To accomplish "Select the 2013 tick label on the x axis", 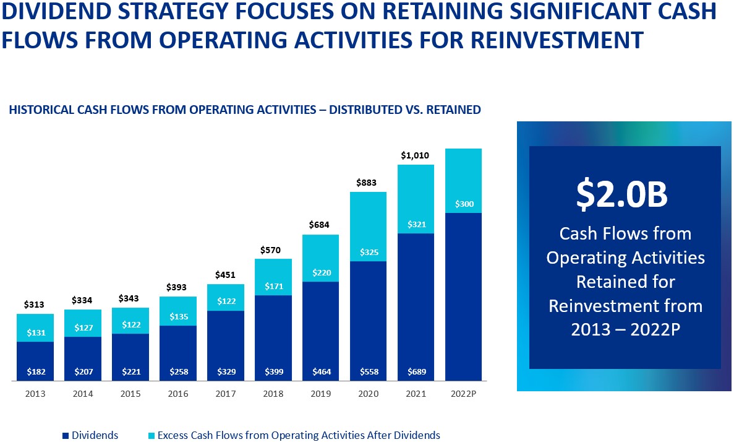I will tap(35, 394).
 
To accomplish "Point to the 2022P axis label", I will tap(463, 394).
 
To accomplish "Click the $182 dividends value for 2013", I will tap(35, 372).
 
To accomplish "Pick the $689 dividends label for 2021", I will tap(416, 372).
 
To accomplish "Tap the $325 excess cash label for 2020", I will tap(368, 253).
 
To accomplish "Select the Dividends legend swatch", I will tap(66, 436).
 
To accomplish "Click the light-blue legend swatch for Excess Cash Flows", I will tap(151, 436).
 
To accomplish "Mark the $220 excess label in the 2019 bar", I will tap(320, 272).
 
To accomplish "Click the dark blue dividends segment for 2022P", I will tap(463, 297).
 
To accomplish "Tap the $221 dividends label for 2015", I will tap(130, 372).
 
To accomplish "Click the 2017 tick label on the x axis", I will tap(225, 394).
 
